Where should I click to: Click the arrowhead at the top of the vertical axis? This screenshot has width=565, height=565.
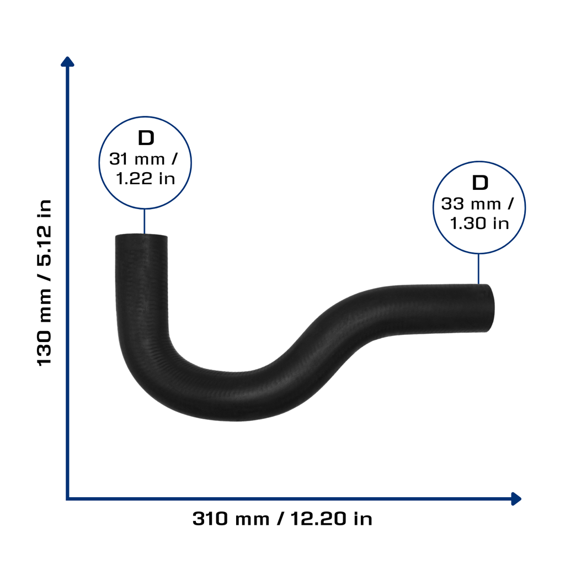click(67, 61)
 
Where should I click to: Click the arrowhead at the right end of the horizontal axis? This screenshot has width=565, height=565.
click(516, 499)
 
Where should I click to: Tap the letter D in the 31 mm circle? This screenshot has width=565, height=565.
click(146, 138)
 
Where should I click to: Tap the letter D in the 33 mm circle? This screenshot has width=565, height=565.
click(480, 183)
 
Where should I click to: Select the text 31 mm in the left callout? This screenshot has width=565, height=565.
click(137, 159)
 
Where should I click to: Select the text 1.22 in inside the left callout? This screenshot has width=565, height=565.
click(145, 178)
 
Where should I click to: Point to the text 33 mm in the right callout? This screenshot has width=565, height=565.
click(471, 204)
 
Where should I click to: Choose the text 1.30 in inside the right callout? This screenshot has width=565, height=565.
click(479, 223)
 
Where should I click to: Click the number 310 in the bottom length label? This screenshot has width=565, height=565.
click(210, 519)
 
